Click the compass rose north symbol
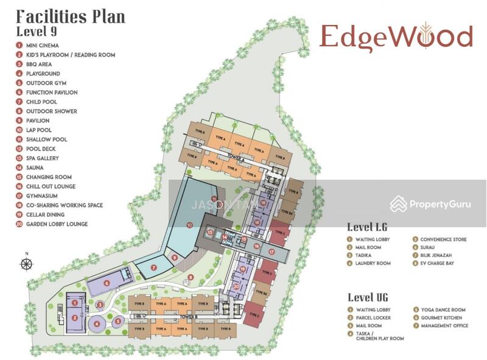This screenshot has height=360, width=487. tap(26, 264)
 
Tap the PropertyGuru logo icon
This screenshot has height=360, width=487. tap(399, 203)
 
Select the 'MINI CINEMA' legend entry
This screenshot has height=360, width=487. tap(42, 45)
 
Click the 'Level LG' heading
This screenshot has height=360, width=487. tap(367, 227)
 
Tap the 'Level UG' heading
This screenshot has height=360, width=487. tap(368, 297)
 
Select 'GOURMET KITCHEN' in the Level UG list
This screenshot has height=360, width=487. tap(441, 317)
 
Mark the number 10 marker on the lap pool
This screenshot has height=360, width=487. tap(190, 226)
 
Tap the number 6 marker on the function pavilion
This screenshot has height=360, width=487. tap(107, 283)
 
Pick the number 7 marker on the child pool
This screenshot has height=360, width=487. tap(154, 267)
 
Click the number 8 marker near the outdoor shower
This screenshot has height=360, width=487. tap(191, 278)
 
